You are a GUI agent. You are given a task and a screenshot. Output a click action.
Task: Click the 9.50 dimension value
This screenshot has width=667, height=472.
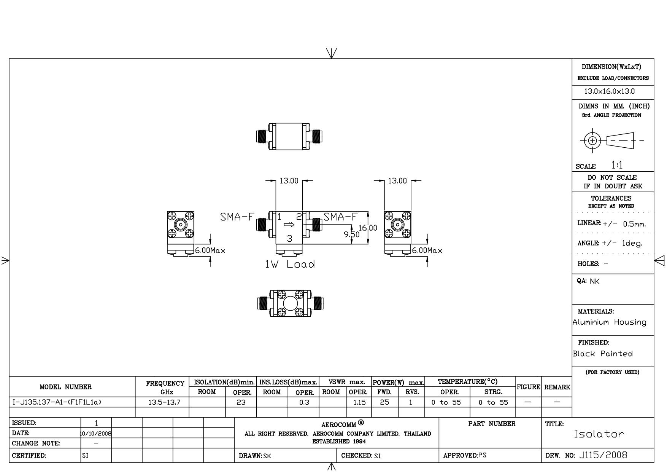click(x=352, y=234)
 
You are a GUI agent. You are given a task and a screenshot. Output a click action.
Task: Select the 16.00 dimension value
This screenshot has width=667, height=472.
click(x=368, y=228)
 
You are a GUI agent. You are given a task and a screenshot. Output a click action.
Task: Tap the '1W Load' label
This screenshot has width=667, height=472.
click(x=290, y=264)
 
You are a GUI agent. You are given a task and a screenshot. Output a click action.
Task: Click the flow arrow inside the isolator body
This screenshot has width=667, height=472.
click(x=289, y=224)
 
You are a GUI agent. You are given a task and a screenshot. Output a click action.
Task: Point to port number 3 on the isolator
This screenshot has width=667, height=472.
click(x=290, y=239)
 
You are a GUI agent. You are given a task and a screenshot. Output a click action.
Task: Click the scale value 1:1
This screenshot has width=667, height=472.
click(x=617, y=165)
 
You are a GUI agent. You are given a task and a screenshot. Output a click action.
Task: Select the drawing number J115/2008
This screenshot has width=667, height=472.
click(x=603, y=455)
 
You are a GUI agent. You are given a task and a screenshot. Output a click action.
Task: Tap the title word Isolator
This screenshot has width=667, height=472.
click(x=599, y=434)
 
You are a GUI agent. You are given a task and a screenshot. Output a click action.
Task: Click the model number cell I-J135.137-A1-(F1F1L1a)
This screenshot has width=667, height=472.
click(x=57, y=402)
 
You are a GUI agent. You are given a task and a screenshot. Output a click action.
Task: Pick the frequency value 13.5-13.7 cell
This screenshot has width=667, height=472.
click(x=164, y=402)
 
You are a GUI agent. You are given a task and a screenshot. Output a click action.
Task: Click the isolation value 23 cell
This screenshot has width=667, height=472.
click(x=241, y=402)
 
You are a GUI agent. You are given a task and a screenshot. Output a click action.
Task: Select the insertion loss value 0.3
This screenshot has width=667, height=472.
click(x=304, y=402)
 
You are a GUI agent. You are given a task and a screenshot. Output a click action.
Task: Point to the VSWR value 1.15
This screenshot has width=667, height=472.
click(x=359, y=402)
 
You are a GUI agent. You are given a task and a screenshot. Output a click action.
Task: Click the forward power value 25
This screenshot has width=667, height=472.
click(x=384, y=402)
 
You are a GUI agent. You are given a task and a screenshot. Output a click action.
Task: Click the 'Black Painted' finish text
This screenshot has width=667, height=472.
click(x=603, y=354)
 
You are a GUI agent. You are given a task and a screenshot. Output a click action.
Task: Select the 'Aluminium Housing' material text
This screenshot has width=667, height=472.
click(x=610, y=322)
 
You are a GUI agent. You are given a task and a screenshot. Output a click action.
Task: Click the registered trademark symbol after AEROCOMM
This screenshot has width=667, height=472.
click(x=361, y=422)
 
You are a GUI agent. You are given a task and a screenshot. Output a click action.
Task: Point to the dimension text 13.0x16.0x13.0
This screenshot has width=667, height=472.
click(x=610, y=91)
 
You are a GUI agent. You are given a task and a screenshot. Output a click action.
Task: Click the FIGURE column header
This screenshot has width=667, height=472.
click(x=529, y=387)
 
